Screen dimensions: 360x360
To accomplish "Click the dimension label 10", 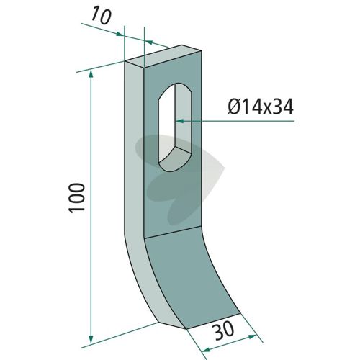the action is pyautogui.click(x=102, y=16).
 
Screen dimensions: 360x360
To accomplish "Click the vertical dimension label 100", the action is pyautogui.click(x=76, y=198).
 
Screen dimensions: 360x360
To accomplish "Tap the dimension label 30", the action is pyautogui.click(x=224, y=330).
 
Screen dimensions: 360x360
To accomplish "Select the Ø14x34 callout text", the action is pyautogui.click(x=261, y=107).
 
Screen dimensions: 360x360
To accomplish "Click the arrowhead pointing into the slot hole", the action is pyautogui.click(x=179, y=121).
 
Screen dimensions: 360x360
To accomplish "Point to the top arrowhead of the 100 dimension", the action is pyautogui.click(x=91, y=73).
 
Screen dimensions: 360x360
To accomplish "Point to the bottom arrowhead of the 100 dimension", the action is pyautogui.click(x=91, y=339).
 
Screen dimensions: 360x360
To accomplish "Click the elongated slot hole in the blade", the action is pyautogui.click(x=174, y=127).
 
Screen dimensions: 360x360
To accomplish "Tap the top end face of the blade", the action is pyautogui.click(x=163, y=56).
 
